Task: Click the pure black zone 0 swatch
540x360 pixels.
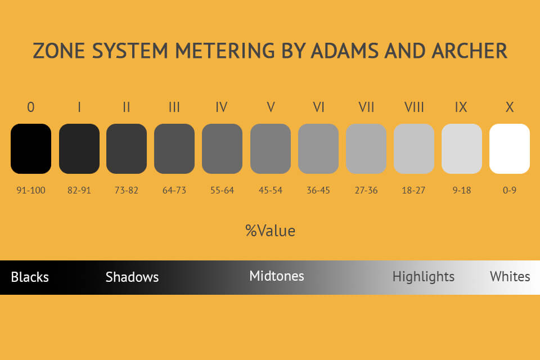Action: pos(31,148)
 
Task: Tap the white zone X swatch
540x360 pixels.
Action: pos(510,148)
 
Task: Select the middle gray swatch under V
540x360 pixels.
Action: pos(271,148)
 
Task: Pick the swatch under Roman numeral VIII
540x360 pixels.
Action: pos(414,148)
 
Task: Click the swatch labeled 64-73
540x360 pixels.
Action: pos(174,148)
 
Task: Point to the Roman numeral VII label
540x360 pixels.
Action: pos(366,107)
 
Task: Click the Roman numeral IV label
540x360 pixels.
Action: pos(222,107)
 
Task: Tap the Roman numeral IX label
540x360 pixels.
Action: pos(461,107)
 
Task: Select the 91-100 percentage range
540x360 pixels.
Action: pos(31,190)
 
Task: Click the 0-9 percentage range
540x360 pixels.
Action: pos(510,190)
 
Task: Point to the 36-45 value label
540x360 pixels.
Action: pos(318,190)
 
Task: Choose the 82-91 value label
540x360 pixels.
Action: pos(79,190)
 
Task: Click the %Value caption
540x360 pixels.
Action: pos(270,231)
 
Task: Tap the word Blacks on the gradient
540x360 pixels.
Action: pos(30,277)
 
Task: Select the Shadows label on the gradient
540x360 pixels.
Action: pos(132,277)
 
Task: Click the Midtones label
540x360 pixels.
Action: pos(277,276)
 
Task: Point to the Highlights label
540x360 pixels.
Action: pos(424,277)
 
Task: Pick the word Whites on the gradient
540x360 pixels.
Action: pos(510,276)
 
